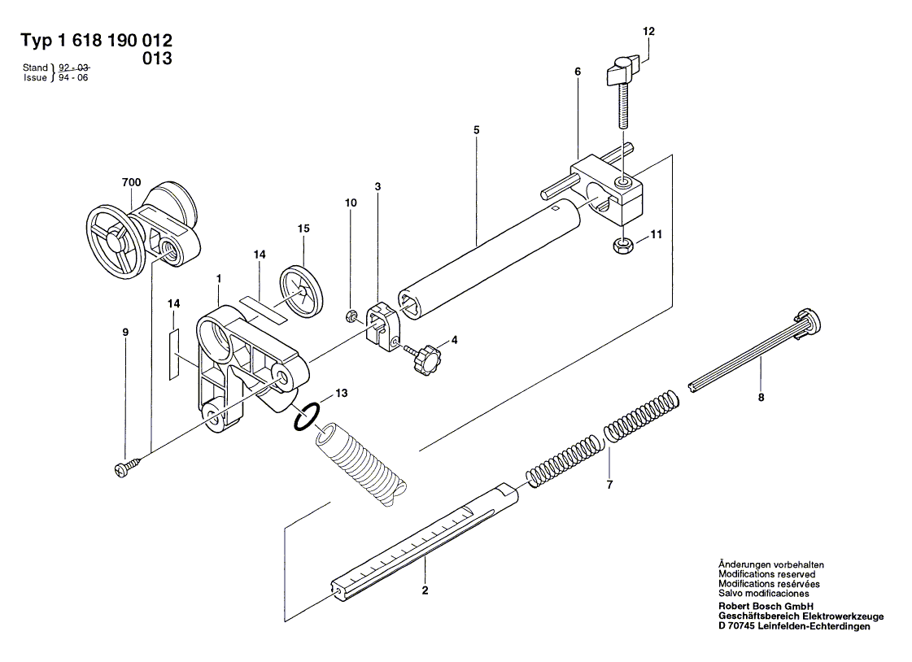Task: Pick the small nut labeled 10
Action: click(352, 316)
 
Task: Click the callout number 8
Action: click(761, 398)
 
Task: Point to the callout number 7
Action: click(609, 485)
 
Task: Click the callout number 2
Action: click(424, 590)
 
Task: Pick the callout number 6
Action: click(577, 72)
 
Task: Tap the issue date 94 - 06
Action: click(74, 78)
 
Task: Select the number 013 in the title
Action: click(157, 59)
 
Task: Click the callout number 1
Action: click(219, 278)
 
